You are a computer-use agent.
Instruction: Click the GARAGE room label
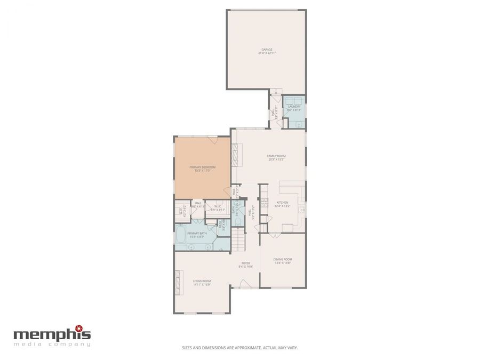267,50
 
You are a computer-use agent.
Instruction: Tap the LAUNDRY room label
294,107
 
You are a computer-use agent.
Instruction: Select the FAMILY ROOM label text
276,156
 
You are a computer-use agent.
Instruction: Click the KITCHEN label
282,202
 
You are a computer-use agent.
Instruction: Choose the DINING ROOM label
283,259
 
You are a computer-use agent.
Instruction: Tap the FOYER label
246,262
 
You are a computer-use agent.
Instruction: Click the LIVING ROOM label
202,281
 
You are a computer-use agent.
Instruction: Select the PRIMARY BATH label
197,233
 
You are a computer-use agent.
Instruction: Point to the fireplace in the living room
176,282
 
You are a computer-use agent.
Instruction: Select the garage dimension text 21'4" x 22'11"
267,53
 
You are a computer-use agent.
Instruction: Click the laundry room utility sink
299,124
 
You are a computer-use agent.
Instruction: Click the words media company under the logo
52,345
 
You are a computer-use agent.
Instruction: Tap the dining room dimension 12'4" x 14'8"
283,263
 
